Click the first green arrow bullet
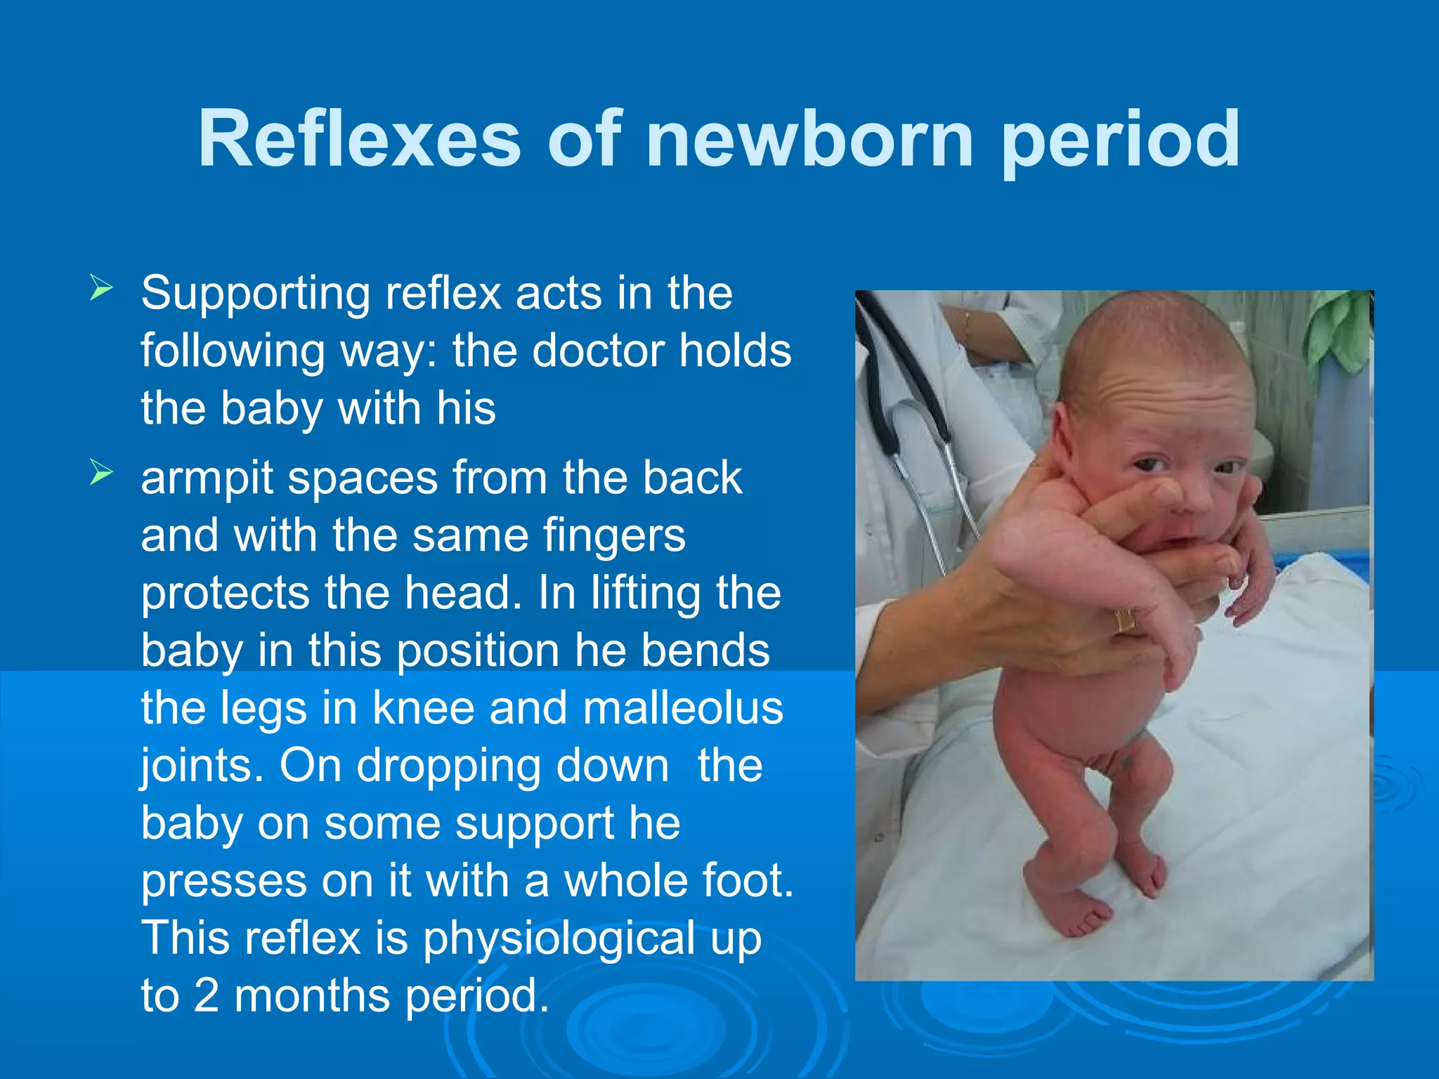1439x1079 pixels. coord(101,289)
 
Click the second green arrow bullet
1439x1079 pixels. coord(101,473)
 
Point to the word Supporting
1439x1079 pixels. coord(256,294)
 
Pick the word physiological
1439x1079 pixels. coord(559,939)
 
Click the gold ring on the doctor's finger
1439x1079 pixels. coord(1124,621)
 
